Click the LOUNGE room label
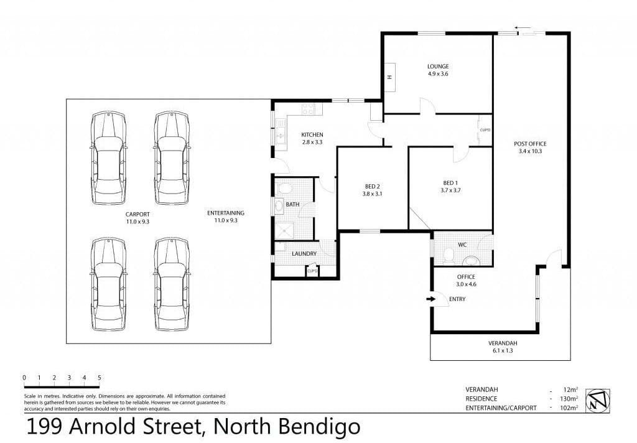pos(438,66)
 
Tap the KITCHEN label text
pos(312,134)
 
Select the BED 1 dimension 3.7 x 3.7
pos(450,190)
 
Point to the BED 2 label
pos(373,187)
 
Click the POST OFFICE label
pos(530,144)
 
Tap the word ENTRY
pos(457,299)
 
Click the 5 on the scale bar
pos(99,378)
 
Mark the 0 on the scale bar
pos(24,378)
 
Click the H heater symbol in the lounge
pos(389,77)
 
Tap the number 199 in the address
pos(44,427)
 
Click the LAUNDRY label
pos(304,254)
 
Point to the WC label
pos(462,245)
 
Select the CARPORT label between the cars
pos(137,214)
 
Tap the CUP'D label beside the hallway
pos(485,130)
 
